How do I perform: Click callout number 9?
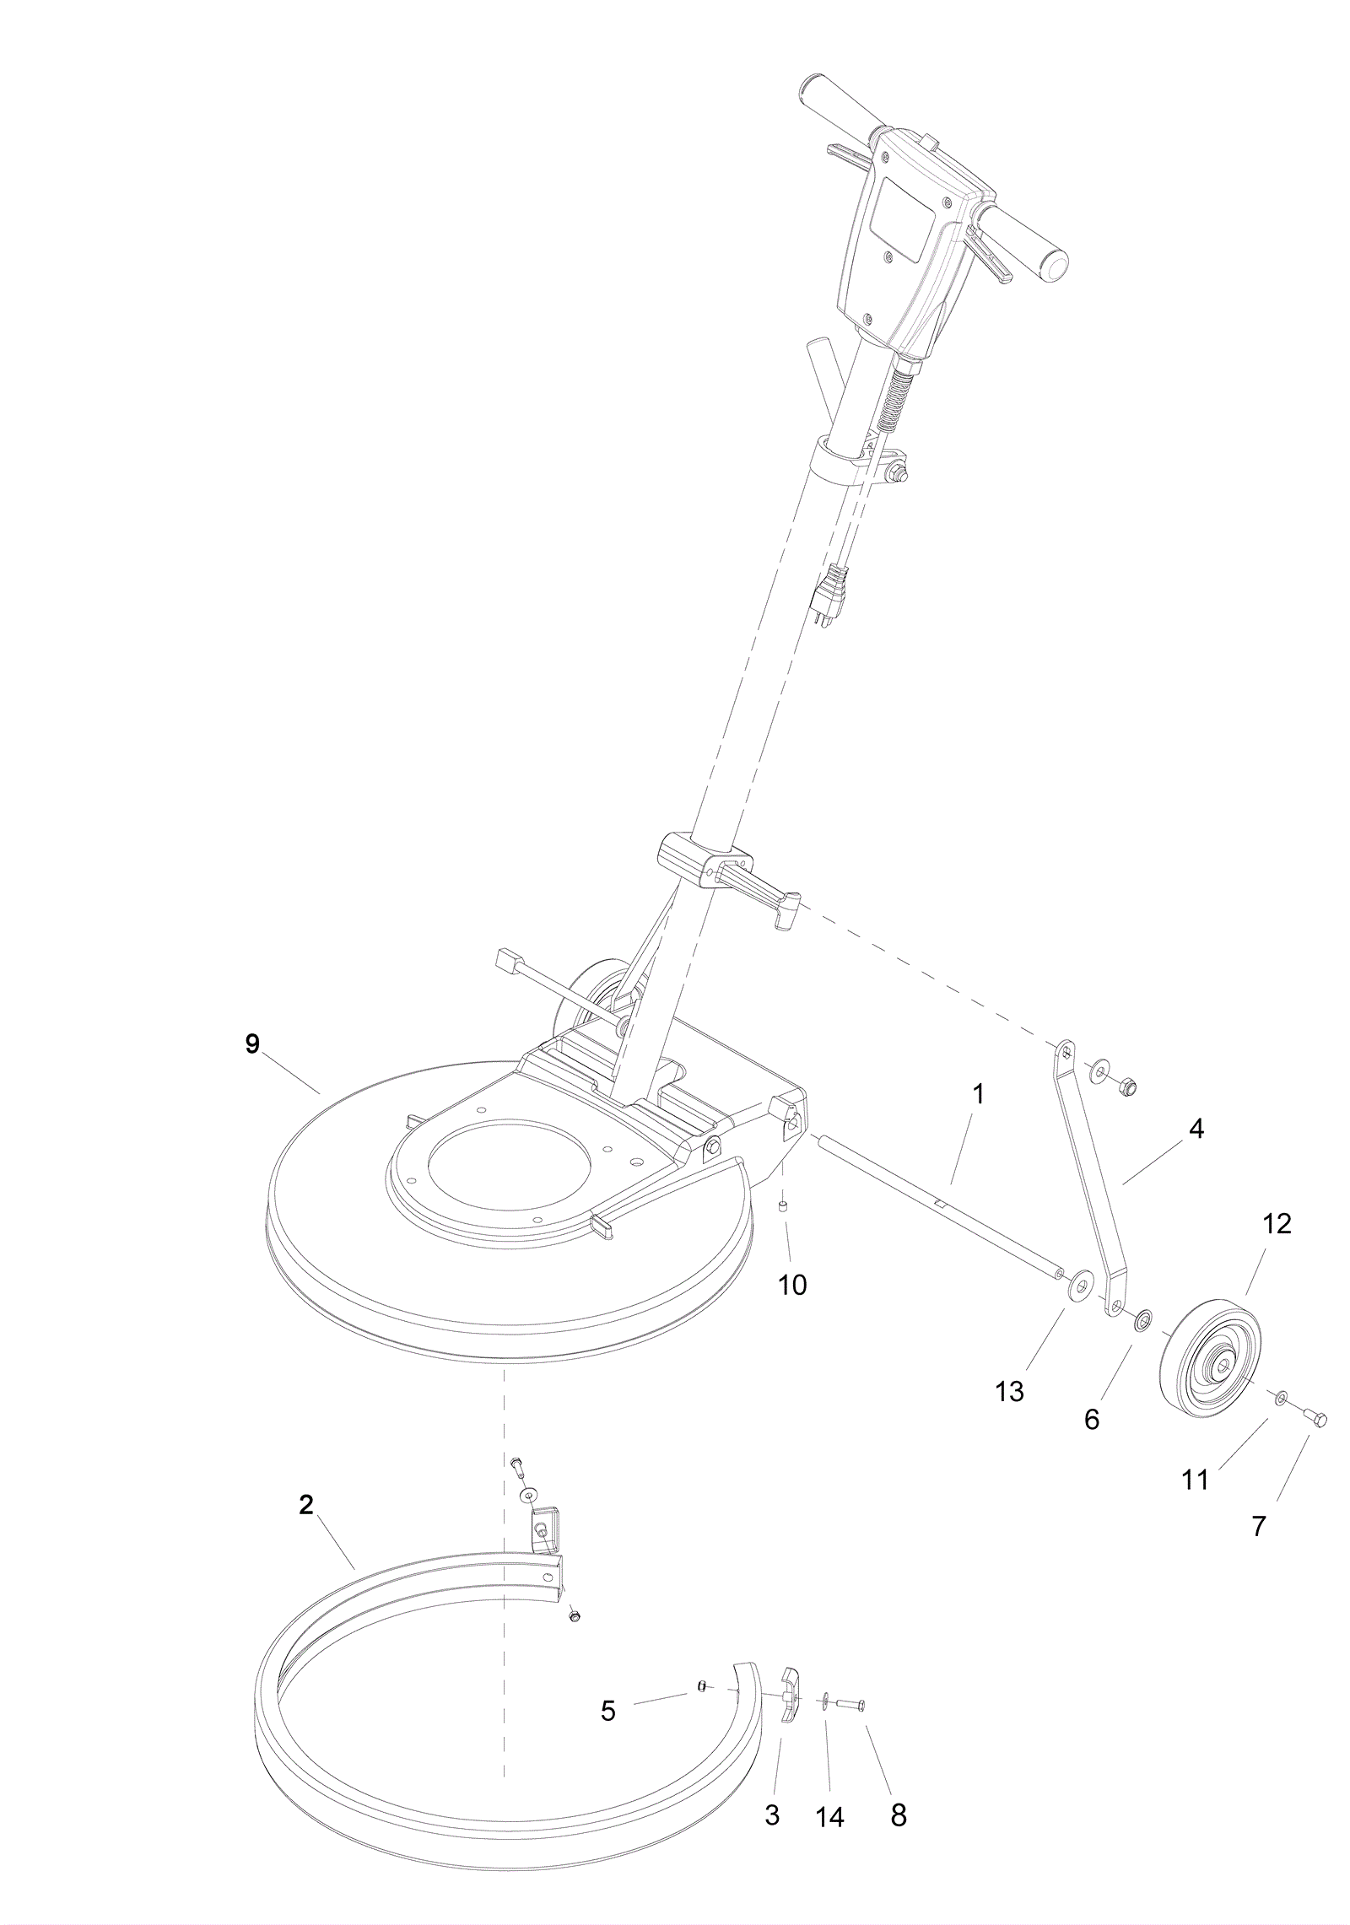252,1043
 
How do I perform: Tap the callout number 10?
792,1285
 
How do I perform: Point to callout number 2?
306,1504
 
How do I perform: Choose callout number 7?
1259,1526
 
